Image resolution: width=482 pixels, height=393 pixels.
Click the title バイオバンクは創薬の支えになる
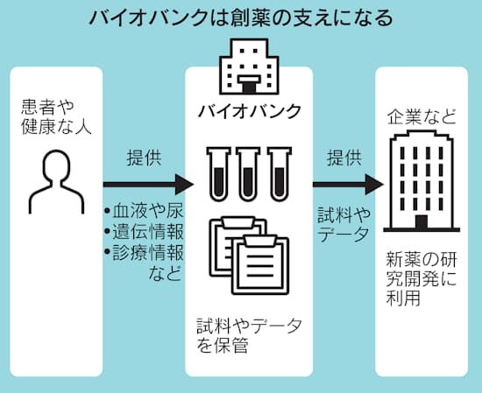pyautogui.click(x=241, y=18)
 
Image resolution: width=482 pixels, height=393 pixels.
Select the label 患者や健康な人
pyautogui.click(x=57, y=116)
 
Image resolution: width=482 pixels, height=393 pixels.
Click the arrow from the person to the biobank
pyautogui.click(x=148, y=184)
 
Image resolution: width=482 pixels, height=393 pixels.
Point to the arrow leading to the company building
pyautogui.click(x=348, y=184)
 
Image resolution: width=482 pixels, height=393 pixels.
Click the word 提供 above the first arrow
pyautogui.click(x=144, y=158)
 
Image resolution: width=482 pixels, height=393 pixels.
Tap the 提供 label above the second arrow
pyautogui.click(x=344, y=158)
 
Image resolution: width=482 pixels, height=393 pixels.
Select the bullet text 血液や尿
pyautogui.click(x=144, y=211)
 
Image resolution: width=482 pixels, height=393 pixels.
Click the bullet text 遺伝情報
pyautogui.click(x=144, y=231)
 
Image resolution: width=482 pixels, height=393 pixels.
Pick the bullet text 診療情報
pyautogui.click(x=144, y=252)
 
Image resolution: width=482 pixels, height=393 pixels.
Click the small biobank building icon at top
pyautogui.click(x=249, y=67)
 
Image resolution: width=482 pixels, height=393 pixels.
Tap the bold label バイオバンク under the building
pyautogui.click(x=249, y=111)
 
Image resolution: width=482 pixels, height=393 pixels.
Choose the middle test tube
pyautogui.click(x=249, y=174)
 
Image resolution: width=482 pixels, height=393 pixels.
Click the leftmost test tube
pyautogui.click(x=218, y=174)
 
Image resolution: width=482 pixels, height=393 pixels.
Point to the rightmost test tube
pyautogui.click(x=279, y=174)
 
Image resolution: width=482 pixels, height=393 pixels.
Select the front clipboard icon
pyautogui.click(x=260, y=264)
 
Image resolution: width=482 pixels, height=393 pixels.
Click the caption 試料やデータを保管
pyautogui.click(x=249, y=335)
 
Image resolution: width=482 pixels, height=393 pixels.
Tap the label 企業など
pyautogui.click(x=422, y=117)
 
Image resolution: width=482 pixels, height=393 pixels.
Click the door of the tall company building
pyautogui.click(x=422, y=222)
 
